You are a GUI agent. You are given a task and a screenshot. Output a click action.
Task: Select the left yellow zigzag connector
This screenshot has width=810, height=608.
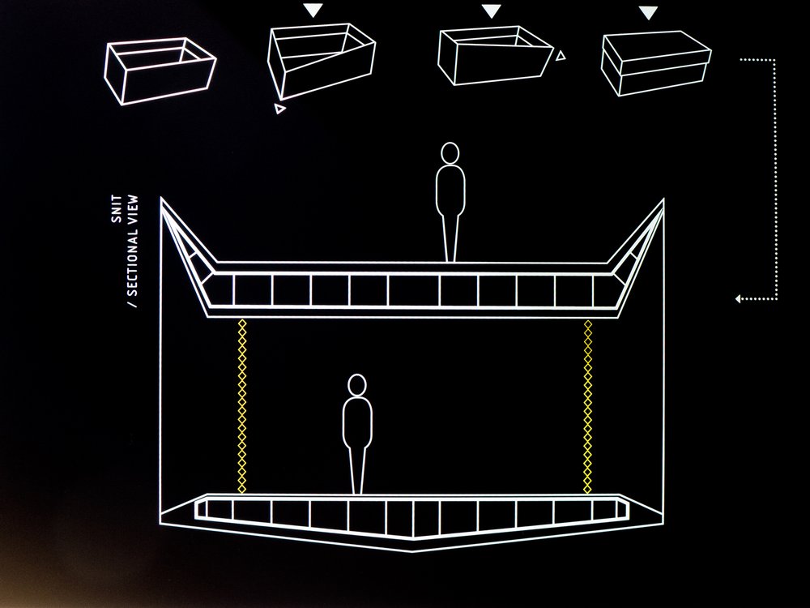pos(241,405)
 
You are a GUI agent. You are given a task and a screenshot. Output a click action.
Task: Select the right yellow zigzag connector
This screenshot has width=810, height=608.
pos(587,405)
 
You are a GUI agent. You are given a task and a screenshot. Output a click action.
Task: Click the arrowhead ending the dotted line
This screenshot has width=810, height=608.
pos(739,299)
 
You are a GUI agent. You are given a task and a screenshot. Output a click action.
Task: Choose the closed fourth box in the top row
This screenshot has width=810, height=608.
pos(656,58)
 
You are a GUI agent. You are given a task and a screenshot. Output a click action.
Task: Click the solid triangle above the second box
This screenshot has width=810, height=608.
pos(313,11)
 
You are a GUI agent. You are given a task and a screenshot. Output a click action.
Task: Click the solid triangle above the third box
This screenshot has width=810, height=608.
pos(492,11)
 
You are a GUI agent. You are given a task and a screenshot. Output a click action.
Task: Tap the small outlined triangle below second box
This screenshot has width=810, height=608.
pos(279,109)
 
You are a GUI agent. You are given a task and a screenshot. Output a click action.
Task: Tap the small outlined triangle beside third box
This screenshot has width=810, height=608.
pos(561,55)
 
